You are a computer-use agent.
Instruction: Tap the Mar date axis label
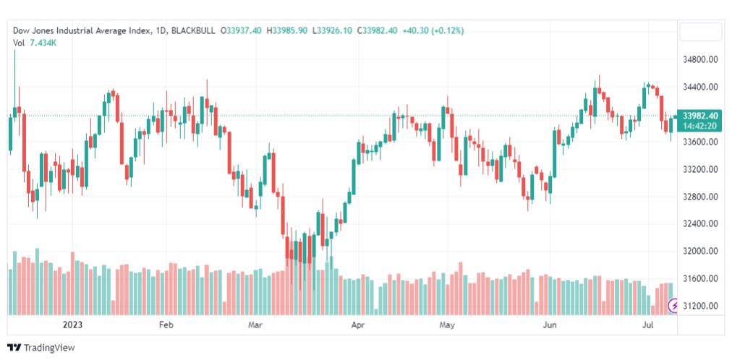pos(255,325)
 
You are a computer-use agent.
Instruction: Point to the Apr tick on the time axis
pos(358,325)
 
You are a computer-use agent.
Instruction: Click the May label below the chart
pos(448,325)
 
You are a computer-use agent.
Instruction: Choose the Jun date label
pos(550,325)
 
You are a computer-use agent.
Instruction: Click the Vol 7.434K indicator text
pos(35,43)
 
